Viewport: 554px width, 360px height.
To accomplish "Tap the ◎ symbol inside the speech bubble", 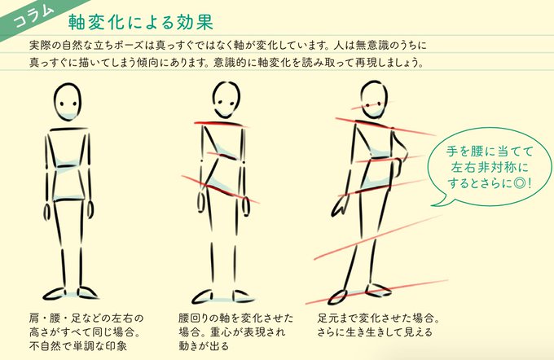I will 518,182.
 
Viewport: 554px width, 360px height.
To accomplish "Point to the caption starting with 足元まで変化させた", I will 380,317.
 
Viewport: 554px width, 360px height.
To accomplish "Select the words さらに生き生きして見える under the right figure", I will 375,332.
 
